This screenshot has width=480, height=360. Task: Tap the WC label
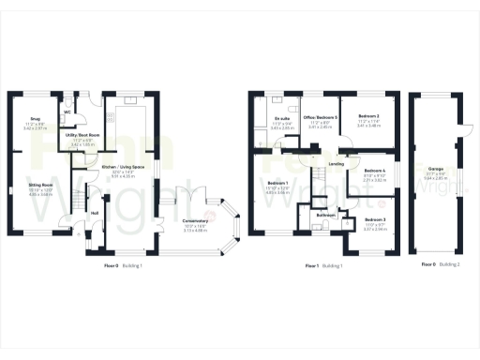coord(67,112)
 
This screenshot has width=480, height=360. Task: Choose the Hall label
coord(95,213)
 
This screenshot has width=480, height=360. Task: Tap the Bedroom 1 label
coord(277,183)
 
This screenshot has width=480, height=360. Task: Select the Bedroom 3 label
coord(375,220)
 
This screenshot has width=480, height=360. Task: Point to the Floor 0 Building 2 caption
coord(441,265)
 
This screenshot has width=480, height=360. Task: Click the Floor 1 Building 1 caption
coord(323,265)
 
